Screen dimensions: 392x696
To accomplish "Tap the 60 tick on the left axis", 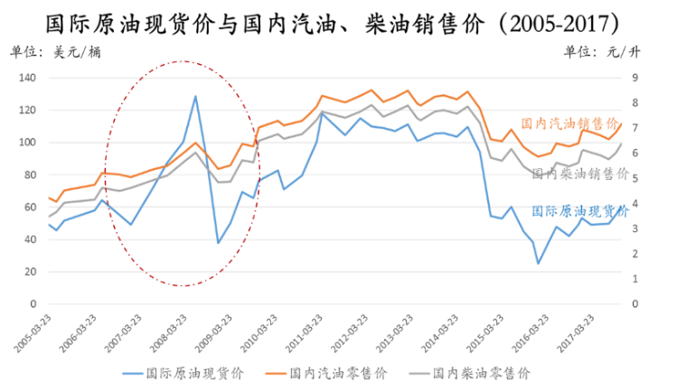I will coord(29,207).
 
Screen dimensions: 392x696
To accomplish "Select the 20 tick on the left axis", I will coord(29,272).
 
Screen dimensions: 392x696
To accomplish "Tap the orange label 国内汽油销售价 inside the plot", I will coord(569,124).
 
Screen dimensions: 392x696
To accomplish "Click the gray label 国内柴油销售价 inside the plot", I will coord(579,173).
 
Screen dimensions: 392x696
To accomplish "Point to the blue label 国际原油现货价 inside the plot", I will coord(579,211).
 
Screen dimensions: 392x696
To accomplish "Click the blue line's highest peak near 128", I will coord(194,96).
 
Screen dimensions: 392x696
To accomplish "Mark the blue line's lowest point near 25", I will coord(539,263).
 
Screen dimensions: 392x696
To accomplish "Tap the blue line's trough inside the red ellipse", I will coord(218,243).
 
